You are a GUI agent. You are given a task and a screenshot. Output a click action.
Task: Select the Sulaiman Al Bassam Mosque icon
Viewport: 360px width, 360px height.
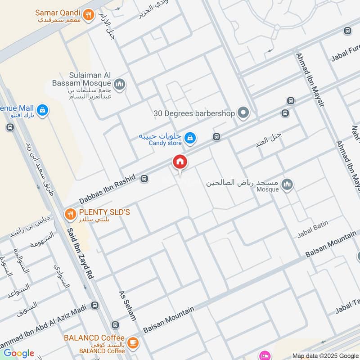click(120, 84)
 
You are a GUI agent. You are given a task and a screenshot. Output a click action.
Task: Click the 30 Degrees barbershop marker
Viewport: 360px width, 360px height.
click(243, 113)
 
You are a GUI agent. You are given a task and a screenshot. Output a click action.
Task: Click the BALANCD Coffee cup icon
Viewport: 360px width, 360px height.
click(132, 342)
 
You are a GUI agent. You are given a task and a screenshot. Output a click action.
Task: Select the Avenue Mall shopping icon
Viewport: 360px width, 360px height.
click(42, 110)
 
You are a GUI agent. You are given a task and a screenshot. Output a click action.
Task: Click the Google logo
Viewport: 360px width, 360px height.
click(19, 353)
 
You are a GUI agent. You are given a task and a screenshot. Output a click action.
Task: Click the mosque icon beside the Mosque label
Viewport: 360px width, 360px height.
click(287, 184)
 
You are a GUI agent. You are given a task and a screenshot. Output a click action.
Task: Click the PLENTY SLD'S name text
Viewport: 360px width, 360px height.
click(104, 211)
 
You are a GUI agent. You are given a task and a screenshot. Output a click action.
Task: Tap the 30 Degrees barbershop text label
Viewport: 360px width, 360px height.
click(194, 113)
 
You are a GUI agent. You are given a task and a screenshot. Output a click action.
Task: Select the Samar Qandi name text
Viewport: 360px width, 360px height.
click(58, 13)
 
